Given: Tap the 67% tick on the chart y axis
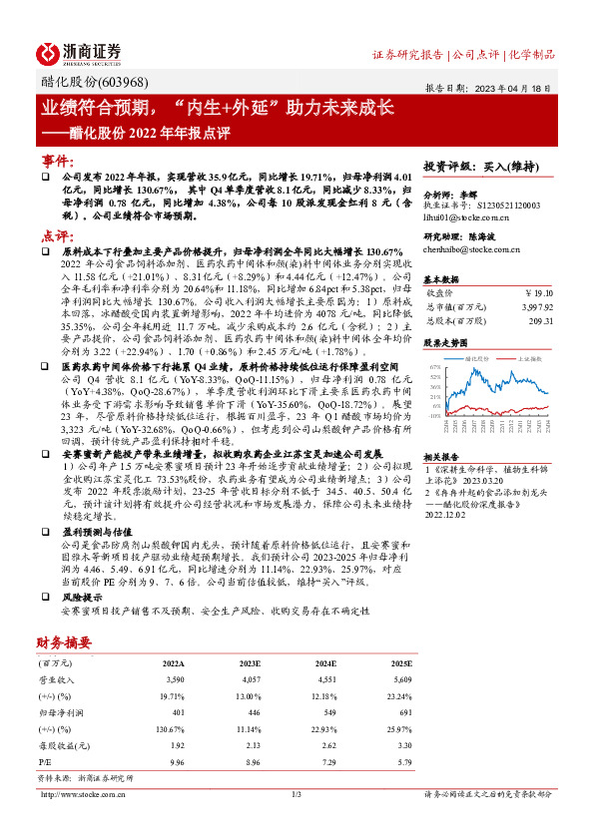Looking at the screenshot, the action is [436, 367].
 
